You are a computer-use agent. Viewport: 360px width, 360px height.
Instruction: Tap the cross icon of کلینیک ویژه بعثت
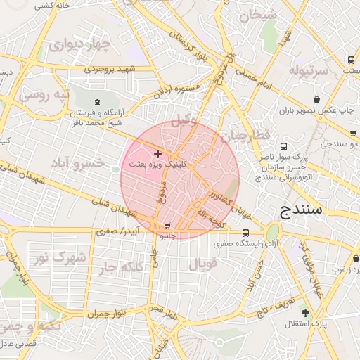click(157, 153)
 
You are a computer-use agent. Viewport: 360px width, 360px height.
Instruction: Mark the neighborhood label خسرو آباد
click(79, 162)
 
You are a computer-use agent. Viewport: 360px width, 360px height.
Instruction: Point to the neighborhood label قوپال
click(203, 264)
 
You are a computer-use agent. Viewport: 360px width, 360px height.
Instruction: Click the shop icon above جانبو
click(167, 226)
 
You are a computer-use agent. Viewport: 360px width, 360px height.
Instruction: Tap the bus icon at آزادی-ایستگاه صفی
click(245, 233)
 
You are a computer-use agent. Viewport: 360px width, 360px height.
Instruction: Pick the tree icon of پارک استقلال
click(304, 312)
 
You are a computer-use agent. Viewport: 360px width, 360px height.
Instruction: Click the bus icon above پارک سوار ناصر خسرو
click(283, 147)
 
